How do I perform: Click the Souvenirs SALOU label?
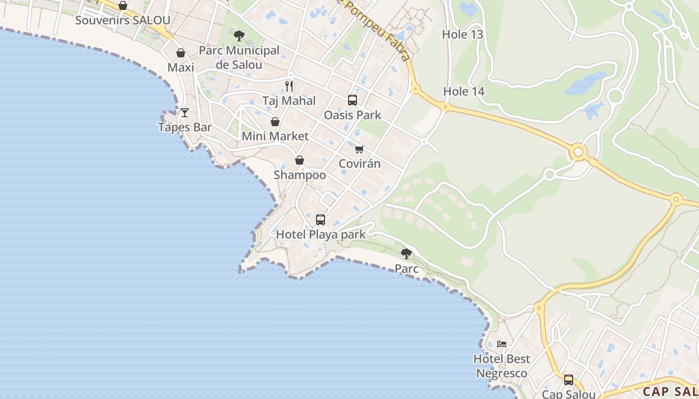point(123,20)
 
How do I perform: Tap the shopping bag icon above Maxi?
point(181,53)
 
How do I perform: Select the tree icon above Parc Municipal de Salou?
point(239,36)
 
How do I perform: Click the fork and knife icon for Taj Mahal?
point(289,86)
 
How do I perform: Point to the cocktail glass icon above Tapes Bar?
point(185,113)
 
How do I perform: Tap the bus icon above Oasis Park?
point(352,100)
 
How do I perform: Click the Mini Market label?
point(275,136)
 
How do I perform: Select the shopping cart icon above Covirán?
point(359,149)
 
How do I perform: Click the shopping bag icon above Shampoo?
point(300,160)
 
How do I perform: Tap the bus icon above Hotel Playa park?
point(321,220)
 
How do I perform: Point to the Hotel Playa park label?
point(321,234)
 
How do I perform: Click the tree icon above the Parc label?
point(407,254)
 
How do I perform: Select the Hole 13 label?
point(463,34)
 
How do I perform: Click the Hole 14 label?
point(464,91)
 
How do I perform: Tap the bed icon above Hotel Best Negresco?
point(502,344)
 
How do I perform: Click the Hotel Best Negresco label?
point(502,366)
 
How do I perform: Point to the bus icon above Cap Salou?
point(569,380)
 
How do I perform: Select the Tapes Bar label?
point(185,127)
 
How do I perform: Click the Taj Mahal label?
point(289,101)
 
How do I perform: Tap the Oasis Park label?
point(352,115)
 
